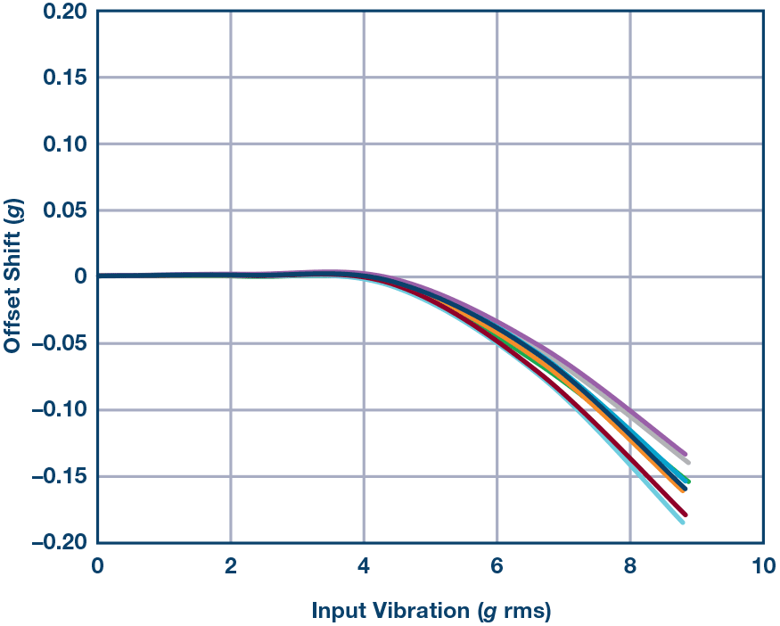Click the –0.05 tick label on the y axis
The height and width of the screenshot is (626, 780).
(x=61, y=344)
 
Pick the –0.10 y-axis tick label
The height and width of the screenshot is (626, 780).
(x=61, y=410)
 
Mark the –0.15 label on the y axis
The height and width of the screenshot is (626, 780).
(x=61, y=477)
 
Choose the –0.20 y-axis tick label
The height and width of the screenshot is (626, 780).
(x=61, y=543)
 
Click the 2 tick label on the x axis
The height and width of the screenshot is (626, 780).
(x=231, y=566)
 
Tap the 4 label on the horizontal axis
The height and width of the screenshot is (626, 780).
(x=364, y=566)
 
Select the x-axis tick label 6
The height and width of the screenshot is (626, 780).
(x=497, y=566)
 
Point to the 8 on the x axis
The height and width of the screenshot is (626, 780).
(x=630, y=566)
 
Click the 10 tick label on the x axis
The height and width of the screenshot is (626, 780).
(x=762, y=566)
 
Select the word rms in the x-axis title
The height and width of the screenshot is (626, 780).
(x=525, y=612)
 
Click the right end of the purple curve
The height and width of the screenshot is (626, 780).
(x=685, y=454)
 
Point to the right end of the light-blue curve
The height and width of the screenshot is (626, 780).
(x=683, y=523)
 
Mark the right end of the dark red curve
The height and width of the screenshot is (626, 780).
(x=685, y=515)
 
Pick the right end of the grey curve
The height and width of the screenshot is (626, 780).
(x=688, y=463)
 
